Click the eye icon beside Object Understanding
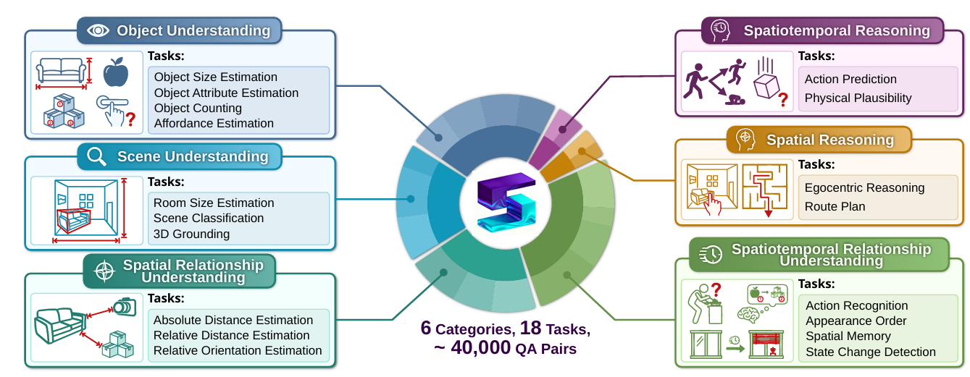click(x=98, y=30)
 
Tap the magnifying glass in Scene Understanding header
click(x=96, y=156)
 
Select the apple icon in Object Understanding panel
click(x=116, y=72)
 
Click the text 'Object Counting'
click(x=198, y=108)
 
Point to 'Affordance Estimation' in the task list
click(x=214, y=123)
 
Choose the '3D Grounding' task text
click(x=191, y=234)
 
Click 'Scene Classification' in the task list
click(x=209, y=219)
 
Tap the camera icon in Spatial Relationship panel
click(x=125, y=307)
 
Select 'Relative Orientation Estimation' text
click(x=238, y=351)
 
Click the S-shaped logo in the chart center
click(x=506, y=202)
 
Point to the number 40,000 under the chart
click(x=481, y=347)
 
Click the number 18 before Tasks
click(x=530, y=328)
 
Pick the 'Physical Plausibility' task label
click(x=858, y=98)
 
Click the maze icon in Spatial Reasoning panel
click(x=765, y=188)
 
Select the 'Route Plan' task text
click(x=835, y=207)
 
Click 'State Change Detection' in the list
click(x=871, y=352)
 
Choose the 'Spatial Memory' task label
click(x=848, y=336)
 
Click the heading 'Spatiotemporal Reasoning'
click(x=837, y=30)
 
